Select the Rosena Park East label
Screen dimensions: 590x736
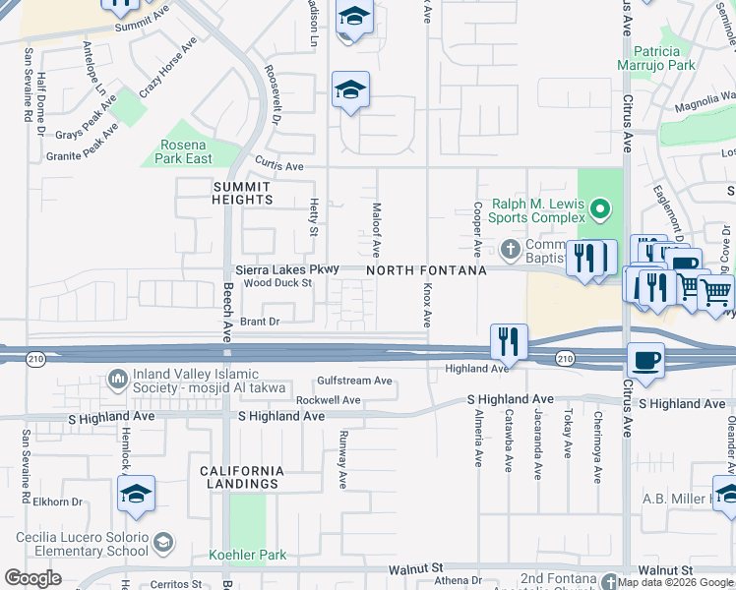click(185, 151)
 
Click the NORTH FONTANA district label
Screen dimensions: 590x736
click(426, 269)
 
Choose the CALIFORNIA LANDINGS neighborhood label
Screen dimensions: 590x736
click(242, 477)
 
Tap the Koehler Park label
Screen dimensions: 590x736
click(248, 556)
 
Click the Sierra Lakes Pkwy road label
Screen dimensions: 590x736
click(287, 268)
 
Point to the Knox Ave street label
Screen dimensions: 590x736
click(427, 307)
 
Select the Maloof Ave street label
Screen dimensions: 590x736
click(376, 230)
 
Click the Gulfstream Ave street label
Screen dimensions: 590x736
click(354, 381)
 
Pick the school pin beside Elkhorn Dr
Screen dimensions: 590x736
click(136, 493)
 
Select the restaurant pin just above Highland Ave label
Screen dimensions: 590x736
click(509, 341)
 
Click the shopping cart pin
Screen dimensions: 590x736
click(715, 290)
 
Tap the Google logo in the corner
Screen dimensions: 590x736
click(32, 578)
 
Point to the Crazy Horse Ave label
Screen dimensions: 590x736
click(168, 68)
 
